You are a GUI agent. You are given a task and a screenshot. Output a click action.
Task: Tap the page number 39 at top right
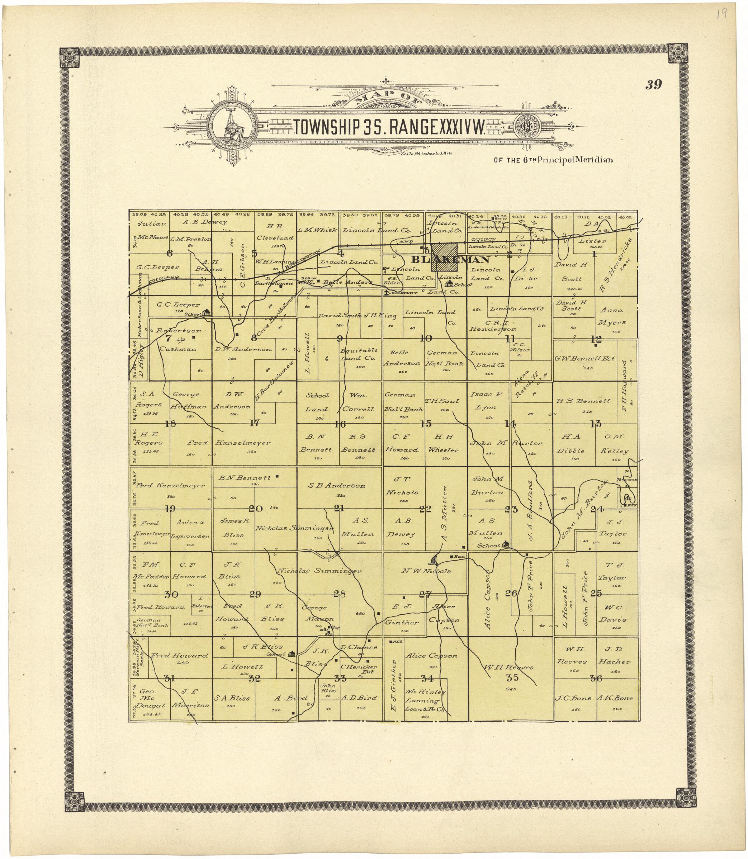pyautogui.click(x=653, y=85)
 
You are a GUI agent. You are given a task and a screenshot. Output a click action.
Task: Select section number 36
pyautogui.click(x=596, y=679)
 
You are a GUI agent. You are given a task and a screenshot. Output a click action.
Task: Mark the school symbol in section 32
pyautogui.click(x=292, y=653)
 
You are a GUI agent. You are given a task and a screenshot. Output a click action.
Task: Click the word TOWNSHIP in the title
pyautogui.click(x=326, y=128)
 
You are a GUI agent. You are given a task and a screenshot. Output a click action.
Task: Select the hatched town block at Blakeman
pyautogui.click(x=444, y=257)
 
